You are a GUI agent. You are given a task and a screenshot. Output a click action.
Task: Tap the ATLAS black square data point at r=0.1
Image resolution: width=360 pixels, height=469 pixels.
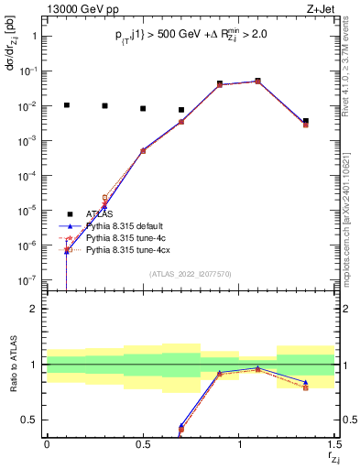tap(66, 105)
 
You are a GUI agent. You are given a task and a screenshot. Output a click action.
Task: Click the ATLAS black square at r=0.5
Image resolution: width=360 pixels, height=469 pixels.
tap(143, 109)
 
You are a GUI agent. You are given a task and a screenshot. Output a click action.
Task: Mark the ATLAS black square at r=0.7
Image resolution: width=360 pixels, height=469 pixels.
tap(181, 110)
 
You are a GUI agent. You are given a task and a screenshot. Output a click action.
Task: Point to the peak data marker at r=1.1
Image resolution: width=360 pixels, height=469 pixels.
tap(258, 81)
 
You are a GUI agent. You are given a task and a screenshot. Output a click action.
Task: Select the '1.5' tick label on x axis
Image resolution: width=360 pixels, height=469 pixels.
tap(334, 444)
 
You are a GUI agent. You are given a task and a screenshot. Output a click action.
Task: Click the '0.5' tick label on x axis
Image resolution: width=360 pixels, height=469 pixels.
tap(142, 444)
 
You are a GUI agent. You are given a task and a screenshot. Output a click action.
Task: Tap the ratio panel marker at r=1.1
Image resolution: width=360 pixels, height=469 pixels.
tap(258, 368)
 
